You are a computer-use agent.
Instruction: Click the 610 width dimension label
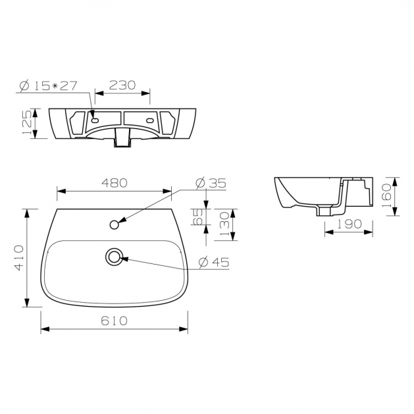click(114, 321)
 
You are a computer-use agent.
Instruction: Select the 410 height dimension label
click(19, 258)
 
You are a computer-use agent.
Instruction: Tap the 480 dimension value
click(115, 183)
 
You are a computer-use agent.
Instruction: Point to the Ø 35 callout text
click(211, 183)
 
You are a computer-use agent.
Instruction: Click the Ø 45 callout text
click(214, 262)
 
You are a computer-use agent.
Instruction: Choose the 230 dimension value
click(122, 85)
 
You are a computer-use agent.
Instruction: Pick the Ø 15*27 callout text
click(49, 86)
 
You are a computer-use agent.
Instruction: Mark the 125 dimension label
click(27, 122)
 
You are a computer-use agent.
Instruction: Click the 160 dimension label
click(386, 195)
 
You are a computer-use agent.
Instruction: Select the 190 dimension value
click(349, 224)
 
